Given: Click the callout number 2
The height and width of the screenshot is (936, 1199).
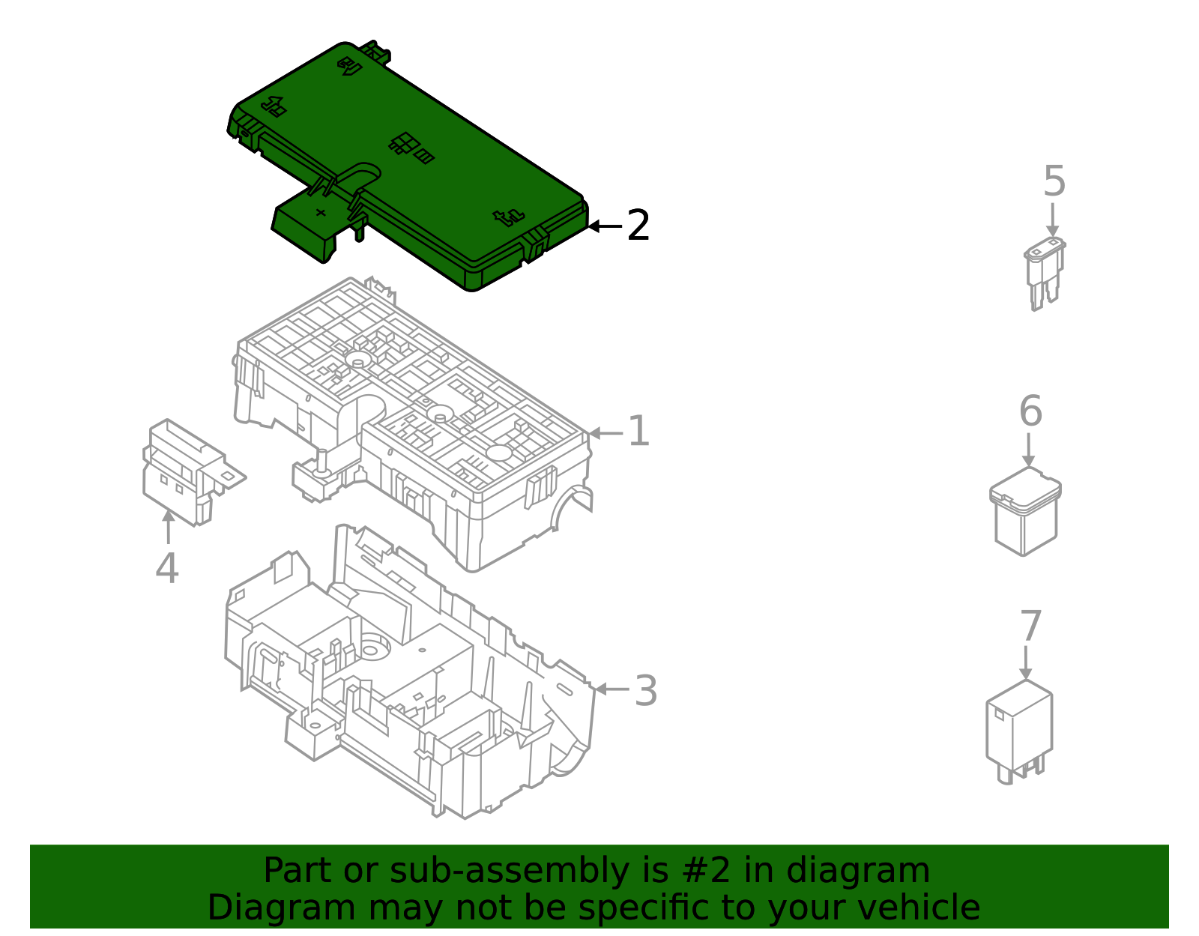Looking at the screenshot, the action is pyautogui.click(x=638, y=225).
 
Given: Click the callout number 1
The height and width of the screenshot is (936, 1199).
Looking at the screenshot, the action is pyautogui.click(x=639, y=431).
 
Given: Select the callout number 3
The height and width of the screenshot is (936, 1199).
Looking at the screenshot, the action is pyautogui.click(x=645, y=690).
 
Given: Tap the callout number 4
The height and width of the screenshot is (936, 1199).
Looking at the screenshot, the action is pyautogui.click(x=167, y=567).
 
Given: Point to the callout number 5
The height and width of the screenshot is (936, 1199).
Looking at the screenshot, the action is pyautogui.click(x=1054, y=181).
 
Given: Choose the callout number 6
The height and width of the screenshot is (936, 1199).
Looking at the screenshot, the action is pyautogui.click(x=1030, y=411).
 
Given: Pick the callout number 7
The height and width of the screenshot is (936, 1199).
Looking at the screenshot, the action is pyautogui.click(x=1030, y=626).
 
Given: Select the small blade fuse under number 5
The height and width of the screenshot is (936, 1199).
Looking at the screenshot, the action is pyautogui.click(x=1045, y=274).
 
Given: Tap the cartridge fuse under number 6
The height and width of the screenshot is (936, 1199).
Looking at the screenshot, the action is pyautogui.click(x=1025, y=511).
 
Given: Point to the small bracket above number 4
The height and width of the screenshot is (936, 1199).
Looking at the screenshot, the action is pyautogui.click(x=193, y=472).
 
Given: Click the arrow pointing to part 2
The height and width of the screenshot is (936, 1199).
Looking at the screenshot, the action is pyautogui.click(x=605, y=226).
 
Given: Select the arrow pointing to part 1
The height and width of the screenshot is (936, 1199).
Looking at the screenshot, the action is pyautogui.click(x=605, y=433).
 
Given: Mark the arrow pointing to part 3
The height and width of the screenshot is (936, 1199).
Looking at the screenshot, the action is pyautogui.click(x=612, y=689).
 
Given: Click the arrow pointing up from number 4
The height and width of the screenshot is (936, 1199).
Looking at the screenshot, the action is pyautogui.click(x=169, y=527).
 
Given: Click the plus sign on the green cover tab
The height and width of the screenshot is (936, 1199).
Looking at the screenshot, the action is pyautogui.click(x=321, y=212).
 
